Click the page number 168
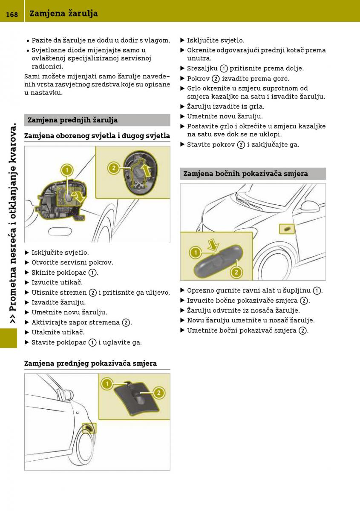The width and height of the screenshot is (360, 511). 12,14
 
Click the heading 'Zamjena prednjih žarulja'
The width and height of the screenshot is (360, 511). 72,120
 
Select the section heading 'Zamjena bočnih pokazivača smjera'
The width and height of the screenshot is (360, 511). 245,173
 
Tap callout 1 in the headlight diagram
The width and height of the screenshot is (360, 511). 66,170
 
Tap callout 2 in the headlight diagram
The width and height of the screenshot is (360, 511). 114,168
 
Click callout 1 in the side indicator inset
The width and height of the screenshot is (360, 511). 195,253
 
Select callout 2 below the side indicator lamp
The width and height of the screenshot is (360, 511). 236,272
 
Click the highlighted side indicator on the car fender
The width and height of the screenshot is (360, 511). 287,230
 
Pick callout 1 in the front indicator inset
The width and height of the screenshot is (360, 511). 107,384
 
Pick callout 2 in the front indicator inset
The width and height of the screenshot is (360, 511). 158,392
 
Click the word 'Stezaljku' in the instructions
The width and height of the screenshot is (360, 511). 202,68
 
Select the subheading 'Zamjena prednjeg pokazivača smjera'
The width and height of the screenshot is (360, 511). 90,363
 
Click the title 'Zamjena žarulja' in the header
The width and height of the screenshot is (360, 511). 63,14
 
